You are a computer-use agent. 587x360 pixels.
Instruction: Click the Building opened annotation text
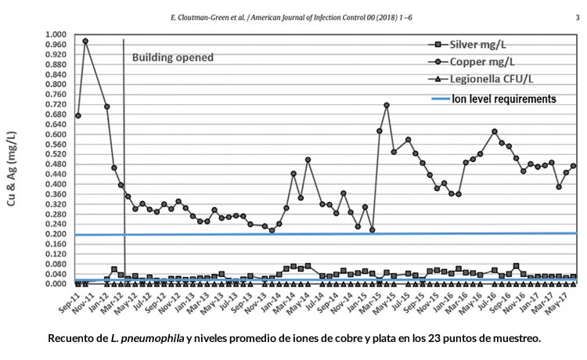(x=172, y=58)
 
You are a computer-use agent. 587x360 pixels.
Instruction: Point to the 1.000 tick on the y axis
(x=56, y=35)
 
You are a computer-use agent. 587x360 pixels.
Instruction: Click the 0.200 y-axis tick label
(x=56, y=234)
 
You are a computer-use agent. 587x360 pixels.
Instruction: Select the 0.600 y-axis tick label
(x=56, y=135)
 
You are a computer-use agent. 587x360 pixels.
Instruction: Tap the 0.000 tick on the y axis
(x=56, y=283)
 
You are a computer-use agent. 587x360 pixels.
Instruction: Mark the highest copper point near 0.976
(x=85, y=41)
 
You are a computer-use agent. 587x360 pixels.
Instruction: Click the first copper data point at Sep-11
(x=77, y=116)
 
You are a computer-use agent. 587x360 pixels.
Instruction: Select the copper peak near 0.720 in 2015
(x=387, y=105)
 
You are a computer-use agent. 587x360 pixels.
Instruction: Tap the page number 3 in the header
(x=577, y=14)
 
